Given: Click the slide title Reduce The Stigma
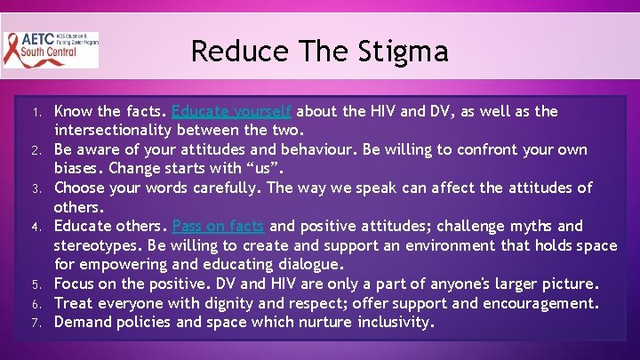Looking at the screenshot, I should click(x=319, y=51).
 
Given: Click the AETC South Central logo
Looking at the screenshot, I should click(x=51, y=51).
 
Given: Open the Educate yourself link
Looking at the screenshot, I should click(x=231, y=112).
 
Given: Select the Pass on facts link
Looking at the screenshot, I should click(x=219, y=227).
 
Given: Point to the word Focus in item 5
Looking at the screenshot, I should click(x=76, y=284).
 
